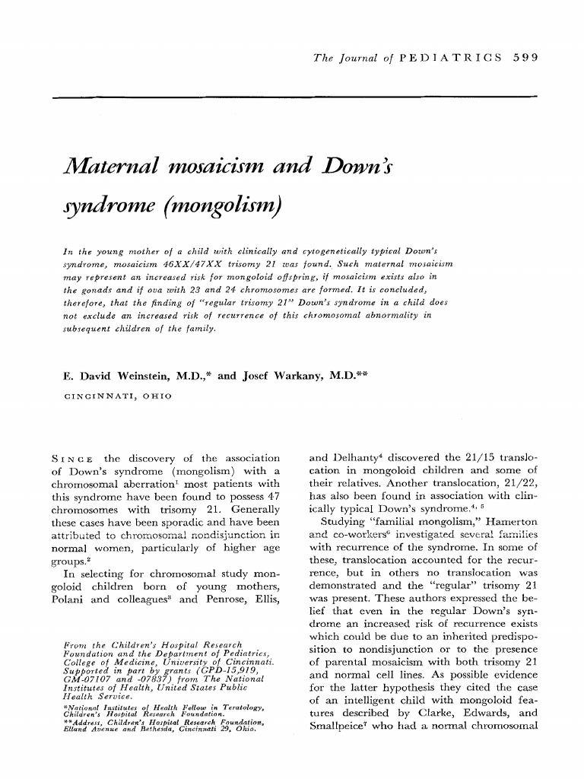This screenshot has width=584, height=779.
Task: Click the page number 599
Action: point(525,58)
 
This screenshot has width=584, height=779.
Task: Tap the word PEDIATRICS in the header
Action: point(449,58)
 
